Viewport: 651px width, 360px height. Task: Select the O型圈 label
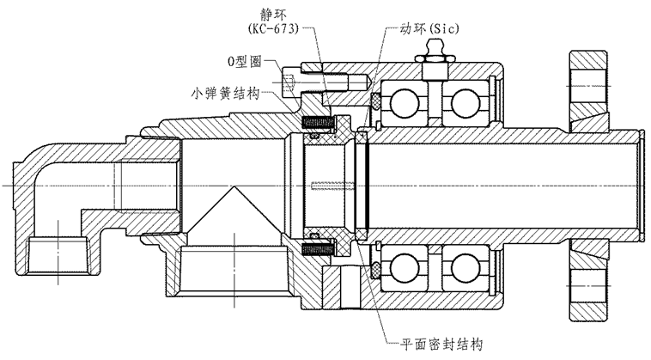pos(245,63)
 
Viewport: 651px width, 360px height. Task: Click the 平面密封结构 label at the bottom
pos(441,344)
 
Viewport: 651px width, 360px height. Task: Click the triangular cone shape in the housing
pos(231,215)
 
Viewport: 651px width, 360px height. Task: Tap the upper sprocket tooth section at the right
pos(587,86)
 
